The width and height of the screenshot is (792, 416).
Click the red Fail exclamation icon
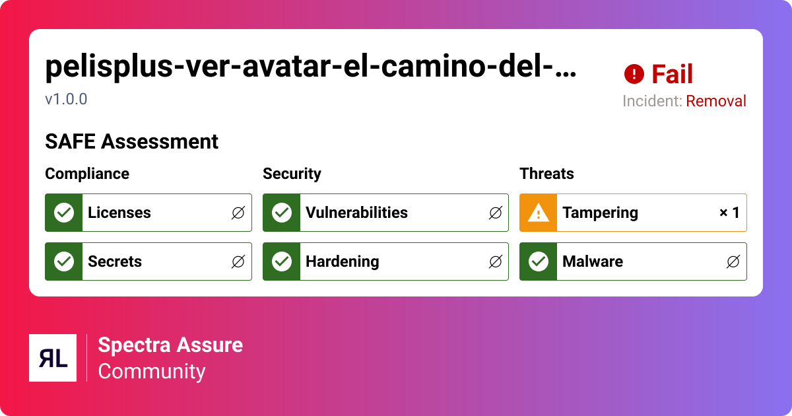[x=634, y=74]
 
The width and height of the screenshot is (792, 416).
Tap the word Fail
[x=672, y=74]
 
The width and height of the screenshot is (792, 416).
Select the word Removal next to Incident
[x=716, y=101]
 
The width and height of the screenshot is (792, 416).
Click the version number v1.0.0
[x=66, y=100]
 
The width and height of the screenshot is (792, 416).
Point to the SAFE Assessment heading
[x=131, y=141]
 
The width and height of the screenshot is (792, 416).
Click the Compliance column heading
[x=87, y=174]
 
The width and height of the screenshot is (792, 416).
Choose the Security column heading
[x=292, y=174]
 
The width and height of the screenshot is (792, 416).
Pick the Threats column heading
[x=546, y=174]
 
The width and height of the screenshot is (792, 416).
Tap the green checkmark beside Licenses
[x=64, y=213]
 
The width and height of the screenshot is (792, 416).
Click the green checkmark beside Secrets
[x=64, y=261]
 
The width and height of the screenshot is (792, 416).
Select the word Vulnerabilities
[x=356, y=213]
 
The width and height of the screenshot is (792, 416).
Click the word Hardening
[x=343, y=261]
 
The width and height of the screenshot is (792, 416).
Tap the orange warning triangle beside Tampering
[x=538, y=213]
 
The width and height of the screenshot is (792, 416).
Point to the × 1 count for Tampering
[x=729, y=213]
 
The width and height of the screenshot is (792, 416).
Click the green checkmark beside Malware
[x=539, y=261]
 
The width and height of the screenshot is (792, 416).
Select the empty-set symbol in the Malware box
[x=733, y=261]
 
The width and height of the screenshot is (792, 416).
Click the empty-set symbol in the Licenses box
[x=238, y=213]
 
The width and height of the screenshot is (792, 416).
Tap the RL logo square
[x=53, y=358]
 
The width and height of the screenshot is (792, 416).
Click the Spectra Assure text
[x=170, y=345]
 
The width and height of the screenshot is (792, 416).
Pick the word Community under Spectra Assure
[x=152, y=371]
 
